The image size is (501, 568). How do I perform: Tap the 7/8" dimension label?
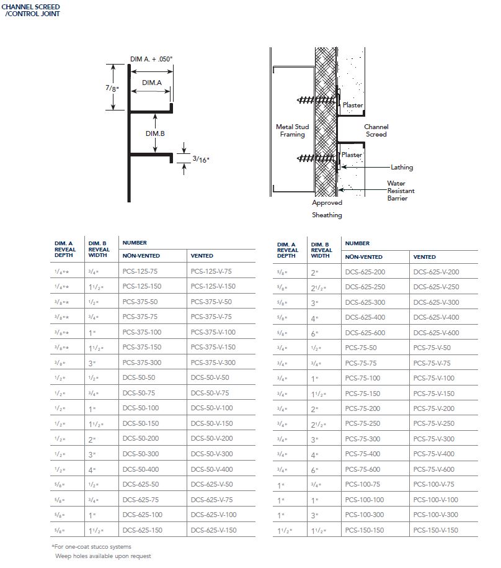111,88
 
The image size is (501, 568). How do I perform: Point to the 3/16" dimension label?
201,159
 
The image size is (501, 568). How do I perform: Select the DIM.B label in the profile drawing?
155,133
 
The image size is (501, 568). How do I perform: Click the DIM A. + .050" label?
151,59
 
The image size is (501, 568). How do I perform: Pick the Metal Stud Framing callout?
292,130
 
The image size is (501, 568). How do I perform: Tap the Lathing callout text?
402,167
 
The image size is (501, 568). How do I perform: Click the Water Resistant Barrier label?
401,191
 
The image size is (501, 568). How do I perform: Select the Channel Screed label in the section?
376,130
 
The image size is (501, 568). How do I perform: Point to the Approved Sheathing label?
327,209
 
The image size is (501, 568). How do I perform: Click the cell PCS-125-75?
141,271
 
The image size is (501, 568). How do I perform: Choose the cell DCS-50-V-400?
212,469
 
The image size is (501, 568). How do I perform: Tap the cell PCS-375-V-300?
212,363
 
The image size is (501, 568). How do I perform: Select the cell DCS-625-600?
365,333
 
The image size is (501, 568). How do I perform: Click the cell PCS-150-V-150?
435,530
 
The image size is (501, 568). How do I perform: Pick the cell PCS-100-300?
365,515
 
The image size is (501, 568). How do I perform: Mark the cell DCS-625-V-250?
437,287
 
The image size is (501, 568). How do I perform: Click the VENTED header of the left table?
202,256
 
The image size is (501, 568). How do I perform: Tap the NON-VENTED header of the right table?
364,256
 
